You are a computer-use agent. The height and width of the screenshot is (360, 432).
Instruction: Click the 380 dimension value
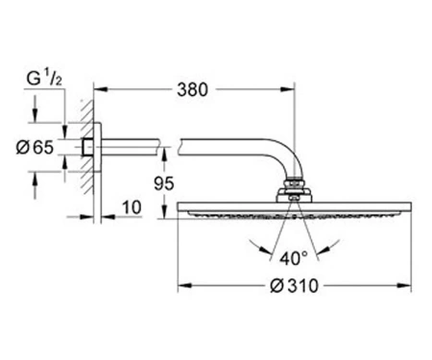(x=192, y=89)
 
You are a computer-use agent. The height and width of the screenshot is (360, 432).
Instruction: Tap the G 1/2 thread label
(x=44, y=79)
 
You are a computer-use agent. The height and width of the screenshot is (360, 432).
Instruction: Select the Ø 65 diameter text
(x=36, y=148)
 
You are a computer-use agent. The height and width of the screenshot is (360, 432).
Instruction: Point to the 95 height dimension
(x=164, y=183)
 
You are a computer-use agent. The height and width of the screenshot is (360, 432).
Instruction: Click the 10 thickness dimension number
(x=132, y=207)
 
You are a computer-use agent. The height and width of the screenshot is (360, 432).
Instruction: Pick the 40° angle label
(x=294, y=258)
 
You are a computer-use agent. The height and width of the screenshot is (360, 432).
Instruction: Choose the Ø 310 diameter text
(x=295, y=285)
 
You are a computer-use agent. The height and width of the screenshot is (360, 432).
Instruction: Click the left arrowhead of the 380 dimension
(x=100, y=89)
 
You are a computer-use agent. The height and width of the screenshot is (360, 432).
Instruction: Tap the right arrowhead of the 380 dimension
(x=288, y=89)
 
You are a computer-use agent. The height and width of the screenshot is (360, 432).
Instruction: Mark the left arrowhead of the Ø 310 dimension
(x=184, y=285)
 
